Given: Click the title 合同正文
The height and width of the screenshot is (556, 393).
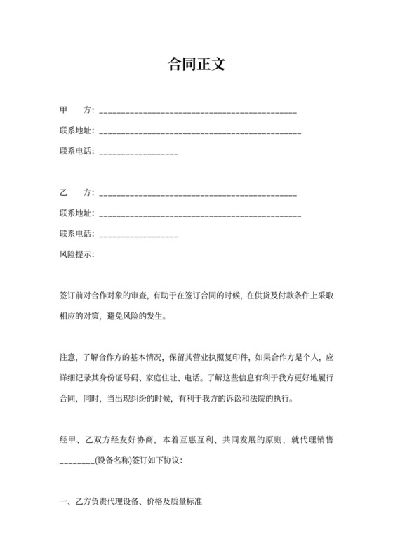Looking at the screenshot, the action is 196,65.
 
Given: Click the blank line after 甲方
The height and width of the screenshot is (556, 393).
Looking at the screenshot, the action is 198,112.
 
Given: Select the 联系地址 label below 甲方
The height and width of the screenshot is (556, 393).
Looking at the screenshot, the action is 75,131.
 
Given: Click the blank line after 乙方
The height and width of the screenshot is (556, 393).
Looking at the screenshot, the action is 198,194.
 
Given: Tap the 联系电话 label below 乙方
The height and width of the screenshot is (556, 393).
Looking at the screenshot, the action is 75,234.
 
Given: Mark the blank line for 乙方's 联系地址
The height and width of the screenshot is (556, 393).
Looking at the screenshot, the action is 201,214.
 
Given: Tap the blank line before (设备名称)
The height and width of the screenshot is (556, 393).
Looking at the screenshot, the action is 76,463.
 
